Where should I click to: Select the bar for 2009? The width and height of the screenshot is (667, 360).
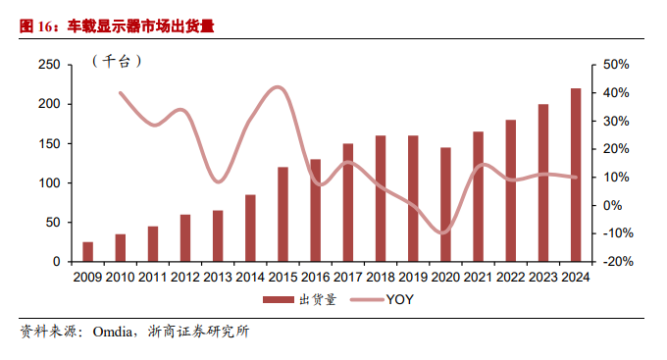coord(88,252)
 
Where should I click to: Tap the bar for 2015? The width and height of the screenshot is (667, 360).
coord(282,215)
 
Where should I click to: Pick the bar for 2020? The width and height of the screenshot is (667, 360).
coord(445,205)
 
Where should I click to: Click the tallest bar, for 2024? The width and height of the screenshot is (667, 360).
coord(576,176)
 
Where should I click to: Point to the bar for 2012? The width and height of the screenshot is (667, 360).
coord(185,238)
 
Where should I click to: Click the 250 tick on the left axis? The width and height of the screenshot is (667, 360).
coord(48,65)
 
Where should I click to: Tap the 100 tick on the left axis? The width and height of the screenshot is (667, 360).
coord(48,183)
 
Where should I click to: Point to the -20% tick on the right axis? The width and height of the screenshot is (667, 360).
coord(615,262)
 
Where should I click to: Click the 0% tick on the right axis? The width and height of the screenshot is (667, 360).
coord(611,205)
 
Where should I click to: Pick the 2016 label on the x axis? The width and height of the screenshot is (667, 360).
coord(316,278)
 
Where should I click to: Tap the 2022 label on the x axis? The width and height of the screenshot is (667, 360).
coord(510,278)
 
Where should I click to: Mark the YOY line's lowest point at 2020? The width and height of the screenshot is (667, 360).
coord(444,233)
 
